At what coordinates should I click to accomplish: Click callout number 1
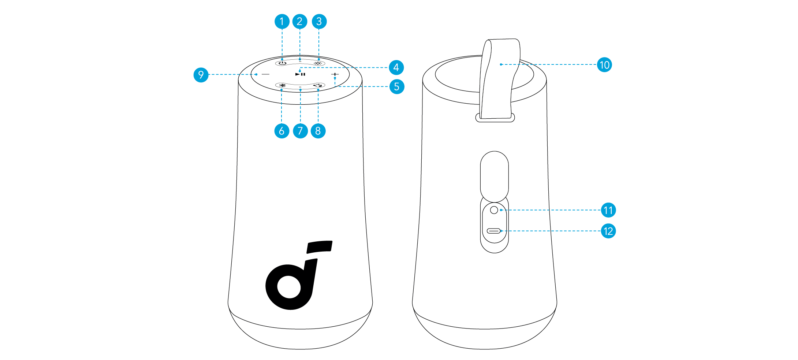pos(282,21)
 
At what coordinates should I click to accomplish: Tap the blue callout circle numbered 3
pos(319,21)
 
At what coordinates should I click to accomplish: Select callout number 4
pos(396,67)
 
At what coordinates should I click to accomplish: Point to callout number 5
pos(397,87)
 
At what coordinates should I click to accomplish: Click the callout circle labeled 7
pos(300,131)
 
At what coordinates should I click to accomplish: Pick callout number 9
pos(201,75)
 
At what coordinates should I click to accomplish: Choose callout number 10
pos(604,65)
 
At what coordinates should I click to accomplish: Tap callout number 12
pos(608,231)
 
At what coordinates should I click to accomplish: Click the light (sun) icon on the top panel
pos(318,63)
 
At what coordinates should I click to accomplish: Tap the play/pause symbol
pos(300,74)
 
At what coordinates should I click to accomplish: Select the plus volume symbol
pos(335,74)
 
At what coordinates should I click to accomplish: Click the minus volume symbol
pos(266,74)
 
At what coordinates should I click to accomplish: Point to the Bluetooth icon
pos(282,85)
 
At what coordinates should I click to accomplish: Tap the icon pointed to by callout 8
pos(318,85)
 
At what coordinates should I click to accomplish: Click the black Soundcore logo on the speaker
pos(299,275)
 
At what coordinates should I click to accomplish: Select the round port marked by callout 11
pos(494,210)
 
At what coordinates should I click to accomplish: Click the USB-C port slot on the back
pos(494,231)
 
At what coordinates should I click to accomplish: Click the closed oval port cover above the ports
pos(494,176)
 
